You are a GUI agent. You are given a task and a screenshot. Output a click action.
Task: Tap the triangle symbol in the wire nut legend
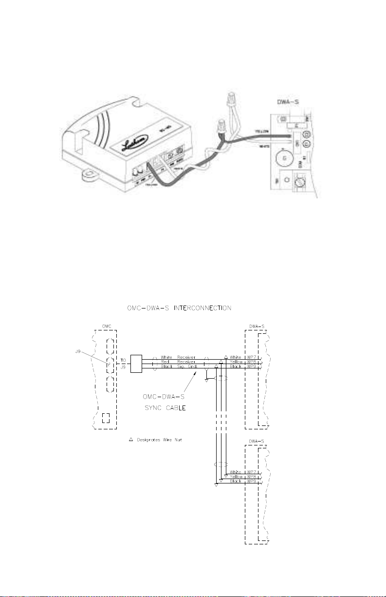[130, 440]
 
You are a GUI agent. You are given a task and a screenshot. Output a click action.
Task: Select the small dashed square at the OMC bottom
[106, 418]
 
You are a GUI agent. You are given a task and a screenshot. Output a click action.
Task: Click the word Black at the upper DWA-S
[236, 366]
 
